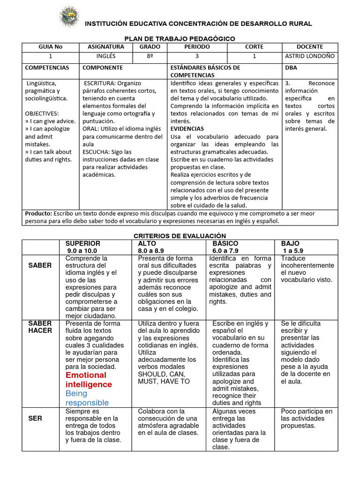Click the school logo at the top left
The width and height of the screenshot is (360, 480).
coord(69,17)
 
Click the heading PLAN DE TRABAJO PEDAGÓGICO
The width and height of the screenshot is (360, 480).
coord(180,38)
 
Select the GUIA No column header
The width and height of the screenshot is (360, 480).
coord(50,47)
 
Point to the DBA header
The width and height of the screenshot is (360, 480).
coord(291,67)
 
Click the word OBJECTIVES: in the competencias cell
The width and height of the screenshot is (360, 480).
coord(42,113)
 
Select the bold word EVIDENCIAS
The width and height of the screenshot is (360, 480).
coord(187,128)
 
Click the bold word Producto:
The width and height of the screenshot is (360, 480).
coord(38,213)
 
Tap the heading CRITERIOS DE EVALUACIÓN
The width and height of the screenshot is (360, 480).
coord(180,236)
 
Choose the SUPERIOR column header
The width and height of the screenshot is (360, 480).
coord(82,244)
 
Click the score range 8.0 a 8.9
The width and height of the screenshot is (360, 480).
coord(151,251)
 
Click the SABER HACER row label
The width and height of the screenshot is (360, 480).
coord(40,327)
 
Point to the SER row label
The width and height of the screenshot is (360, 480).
coord(36,419)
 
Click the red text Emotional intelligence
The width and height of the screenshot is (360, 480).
coord(89,380)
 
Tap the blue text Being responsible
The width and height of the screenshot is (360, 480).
coord(87,398)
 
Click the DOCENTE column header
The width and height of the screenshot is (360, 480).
coord(310,47)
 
